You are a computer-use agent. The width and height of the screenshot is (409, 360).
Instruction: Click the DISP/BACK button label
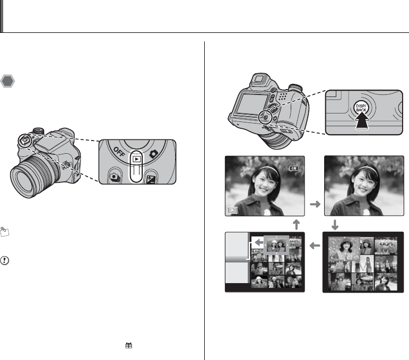(361, 108)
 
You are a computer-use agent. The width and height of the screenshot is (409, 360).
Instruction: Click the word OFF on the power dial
(119, 152)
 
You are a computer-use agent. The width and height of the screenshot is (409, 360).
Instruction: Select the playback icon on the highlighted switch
(137, 159)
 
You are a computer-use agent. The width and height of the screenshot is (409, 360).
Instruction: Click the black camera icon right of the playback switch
(154, 154)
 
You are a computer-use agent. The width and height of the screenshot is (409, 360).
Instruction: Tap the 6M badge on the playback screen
(294, 168)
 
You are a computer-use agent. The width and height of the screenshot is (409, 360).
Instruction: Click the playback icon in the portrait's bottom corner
(232, 210)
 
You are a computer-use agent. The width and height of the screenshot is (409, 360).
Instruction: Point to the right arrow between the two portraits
(315, 204)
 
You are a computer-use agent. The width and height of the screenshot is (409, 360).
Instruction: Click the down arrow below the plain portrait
(335, 225)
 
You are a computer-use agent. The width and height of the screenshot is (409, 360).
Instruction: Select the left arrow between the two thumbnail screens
(315, 245)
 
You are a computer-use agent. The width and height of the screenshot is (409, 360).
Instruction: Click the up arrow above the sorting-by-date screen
(297, 224)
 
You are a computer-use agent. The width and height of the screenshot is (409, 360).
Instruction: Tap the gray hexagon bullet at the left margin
(7, 81)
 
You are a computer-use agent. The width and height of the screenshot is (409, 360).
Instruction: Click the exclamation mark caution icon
(5, 260)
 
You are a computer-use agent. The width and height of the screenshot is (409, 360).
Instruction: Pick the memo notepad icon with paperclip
(4, 232)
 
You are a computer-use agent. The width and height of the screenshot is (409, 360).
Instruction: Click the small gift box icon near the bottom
(128, 345)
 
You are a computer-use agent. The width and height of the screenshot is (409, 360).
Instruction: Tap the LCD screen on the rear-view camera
(251, 104)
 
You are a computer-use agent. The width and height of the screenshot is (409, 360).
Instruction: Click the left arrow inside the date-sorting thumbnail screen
(259, 243)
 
